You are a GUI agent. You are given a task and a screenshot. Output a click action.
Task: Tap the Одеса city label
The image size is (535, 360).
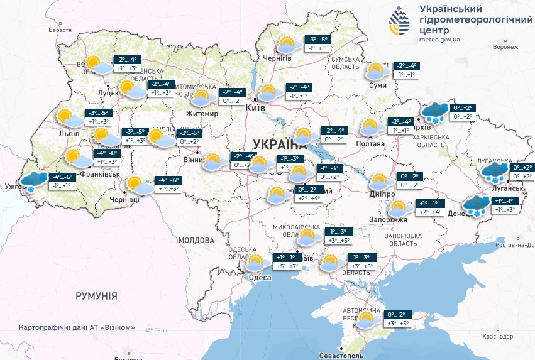pyautogui.click(x=259, y=278)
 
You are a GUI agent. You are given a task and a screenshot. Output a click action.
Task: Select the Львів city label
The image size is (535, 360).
pyautogui.click(x=69, y=134)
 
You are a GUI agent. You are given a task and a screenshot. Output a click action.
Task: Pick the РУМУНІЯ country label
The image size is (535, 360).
pyautogui.click(x=96, y=295)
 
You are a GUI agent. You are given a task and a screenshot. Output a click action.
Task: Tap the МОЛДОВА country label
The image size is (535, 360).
pyautogui.click(x=196, y=240)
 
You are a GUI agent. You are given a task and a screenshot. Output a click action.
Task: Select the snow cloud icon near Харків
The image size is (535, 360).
pyautogui.click(x=435, y=112)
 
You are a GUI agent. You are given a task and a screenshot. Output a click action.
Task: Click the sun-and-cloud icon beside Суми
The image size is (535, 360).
pyautogui.click(x=377, y=71)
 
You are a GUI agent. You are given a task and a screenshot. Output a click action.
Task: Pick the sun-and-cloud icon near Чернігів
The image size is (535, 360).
pyautogui.click(x=287, y=45)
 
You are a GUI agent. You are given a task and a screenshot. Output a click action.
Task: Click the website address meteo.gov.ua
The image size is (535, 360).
pyautogui.click(x=439, y=39)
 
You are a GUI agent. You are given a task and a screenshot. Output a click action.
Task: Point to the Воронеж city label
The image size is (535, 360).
pyautogui.click(x=506, y=47)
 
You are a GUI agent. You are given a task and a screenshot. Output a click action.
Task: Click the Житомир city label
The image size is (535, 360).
pyautogui.click(x=202, y=114)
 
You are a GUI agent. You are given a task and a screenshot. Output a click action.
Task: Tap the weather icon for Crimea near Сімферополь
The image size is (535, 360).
pyautogui.click(x=368, y=319)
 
